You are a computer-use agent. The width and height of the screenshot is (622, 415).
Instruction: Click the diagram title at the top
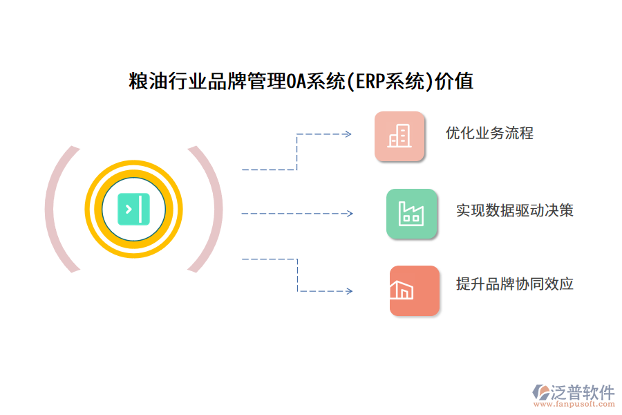point(301,82)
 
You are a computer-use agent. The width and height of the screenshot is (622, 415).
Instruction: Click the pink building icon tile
point(399,136)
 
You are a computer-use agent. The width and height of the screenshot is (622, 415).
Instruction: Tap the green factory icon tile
point(411,214)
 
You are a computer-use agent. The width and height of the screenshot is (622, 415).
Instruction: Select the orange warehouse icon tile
point(414,290)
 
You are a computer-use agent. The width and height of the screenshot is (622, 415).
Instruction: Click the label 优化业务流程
point(489,133)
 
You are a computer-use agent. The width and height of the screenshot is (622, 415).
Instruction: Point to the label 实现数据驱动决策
point(515,210)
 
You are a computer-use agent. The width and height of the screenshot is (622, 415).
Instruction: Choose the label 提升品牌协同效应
point(515,284)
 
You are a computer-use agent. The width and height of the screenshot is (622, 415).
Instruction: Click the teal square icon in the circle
point(134,210)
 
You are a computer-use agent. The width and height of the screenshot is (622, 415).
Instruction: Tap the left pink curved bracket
point(59,210)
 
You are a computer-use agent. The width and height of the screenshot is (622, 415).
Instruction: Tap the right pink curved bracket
point(209,210)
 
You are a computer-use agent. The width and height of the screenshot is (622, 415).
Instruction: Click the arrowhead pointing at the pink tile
point(348,134)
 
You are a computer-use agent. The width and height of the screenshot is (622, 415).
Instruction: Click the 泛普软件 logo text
point(583,392)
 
